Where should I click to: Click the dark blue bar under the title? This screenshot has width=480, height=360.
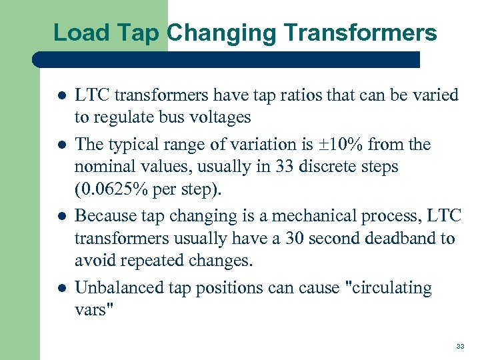(x=227, y=59)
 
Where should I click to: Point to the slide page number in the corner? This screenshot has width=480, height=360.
(x=460, y=347)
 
